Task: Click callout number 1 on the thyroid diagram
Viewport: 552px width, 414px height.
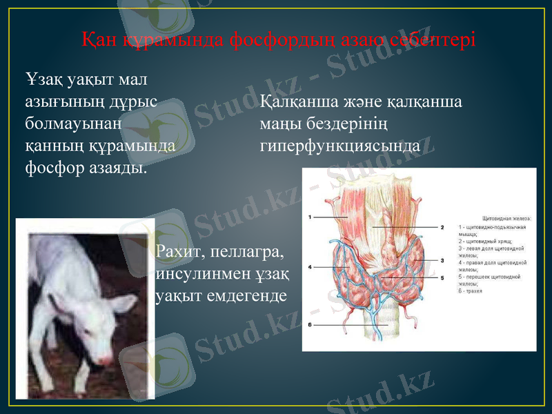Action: click(311, 217)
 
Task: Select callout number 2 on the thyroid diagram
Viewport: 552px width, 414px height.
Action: click(441, 227)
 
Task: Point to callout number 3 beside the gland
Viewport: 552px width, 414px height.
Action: click(441, 260)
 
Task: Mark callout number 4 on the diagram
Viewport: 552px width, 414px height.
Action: click(311, 266)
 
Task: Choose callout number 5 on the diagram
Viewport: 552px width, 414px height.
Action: click(441, 277)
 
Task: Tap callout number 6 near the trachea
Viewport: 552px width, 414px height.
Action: click(311, 324)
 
